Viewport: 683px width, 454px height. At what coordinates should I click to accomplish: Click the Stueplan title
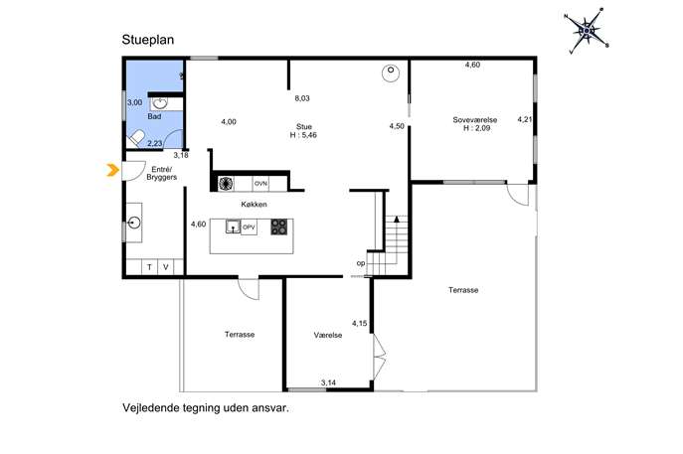point(148,40)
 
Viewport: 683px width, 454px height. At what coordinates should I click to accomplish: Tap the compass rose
point(587,31)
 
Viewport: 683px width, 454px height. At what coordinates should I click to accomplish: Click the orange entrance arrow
point(112,170)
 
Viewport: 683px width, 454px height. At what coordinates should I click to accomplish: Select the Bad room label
point(154,116)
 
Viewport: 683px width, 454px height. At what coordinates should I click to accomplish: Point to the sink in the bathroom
point(160,103)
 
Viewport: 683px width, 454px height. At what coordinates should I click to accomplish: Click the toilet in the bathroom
point(136,139)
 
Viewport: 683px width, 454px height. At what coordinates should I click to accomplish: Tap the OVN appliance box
point(260,184)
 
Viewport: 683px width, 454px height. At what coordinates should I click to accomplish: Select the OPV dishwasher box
point(249,227)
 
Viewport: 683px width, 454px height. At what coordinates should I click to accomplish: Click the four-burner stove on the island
point(278,227)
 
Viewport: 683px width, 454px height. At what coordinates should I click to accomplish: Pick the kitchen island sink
point(233,227)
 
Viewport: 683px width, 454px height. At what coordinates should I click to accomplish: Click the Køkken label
point(254,204)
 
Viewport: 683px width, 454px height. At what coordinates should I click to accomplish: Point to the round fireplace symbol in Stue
point(391,73)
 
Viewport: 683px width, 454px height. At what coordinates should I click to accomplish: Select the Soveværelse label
point(475,119)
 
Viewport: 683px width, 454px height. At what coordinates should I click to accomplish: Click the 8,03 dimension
point(302,98)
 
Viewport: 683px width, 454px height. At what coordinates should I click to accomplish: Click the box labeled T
point(149,267)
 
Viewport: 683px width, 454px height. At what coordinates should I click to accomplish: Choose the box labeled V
point(165,267)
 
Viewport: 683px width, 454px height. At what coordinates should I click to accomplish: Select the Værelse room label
point(327,335)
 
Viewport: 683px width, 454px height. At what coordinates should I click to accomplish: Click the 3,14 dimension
point(328,383)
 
